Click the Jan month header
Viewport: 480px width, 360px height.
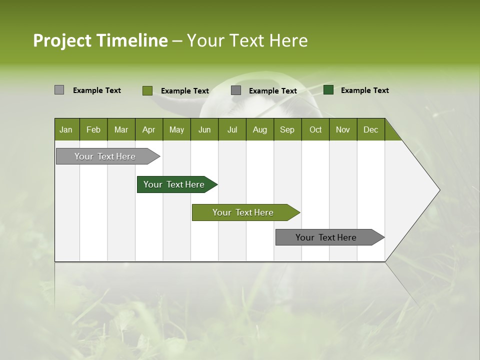coord(66,129)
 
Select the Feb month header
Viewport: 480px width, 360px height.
coord(93,129)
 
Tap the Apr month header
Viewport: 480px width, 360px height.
coord(148,129)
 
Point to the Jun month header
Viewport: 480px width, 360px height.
coord(204,129)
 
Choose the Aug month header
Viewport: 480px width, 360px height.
coord(259,129)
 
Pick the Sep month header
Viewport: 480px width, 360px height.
coord(287,129)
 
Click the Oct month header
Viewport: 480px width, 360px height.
coord(315,129)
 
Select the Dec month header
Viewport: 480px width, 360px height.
coord(370,129)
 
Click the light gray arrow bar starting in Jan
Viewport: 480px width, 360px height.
coord(105,156)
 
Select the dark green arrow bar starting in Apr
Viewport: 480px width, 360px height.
coord(174,184)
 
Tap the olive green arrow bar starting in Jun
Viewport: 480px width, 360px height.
coord(243,212)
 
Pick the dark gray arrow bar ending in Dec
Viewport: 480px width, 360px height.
coord(326,237)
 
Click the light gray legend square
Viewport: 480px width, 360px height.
coord(59,90)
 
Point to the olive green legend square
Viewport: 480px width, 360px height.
coord(147,90)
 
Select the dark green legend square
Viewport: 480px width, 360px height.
coord(328,90)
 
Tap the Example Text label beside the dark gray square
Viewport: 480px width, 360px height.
coord(272,91)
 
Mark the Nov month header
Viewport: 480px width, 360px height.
coord(342,129)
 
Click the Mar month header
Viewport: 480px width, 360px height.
coord(121,129)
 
